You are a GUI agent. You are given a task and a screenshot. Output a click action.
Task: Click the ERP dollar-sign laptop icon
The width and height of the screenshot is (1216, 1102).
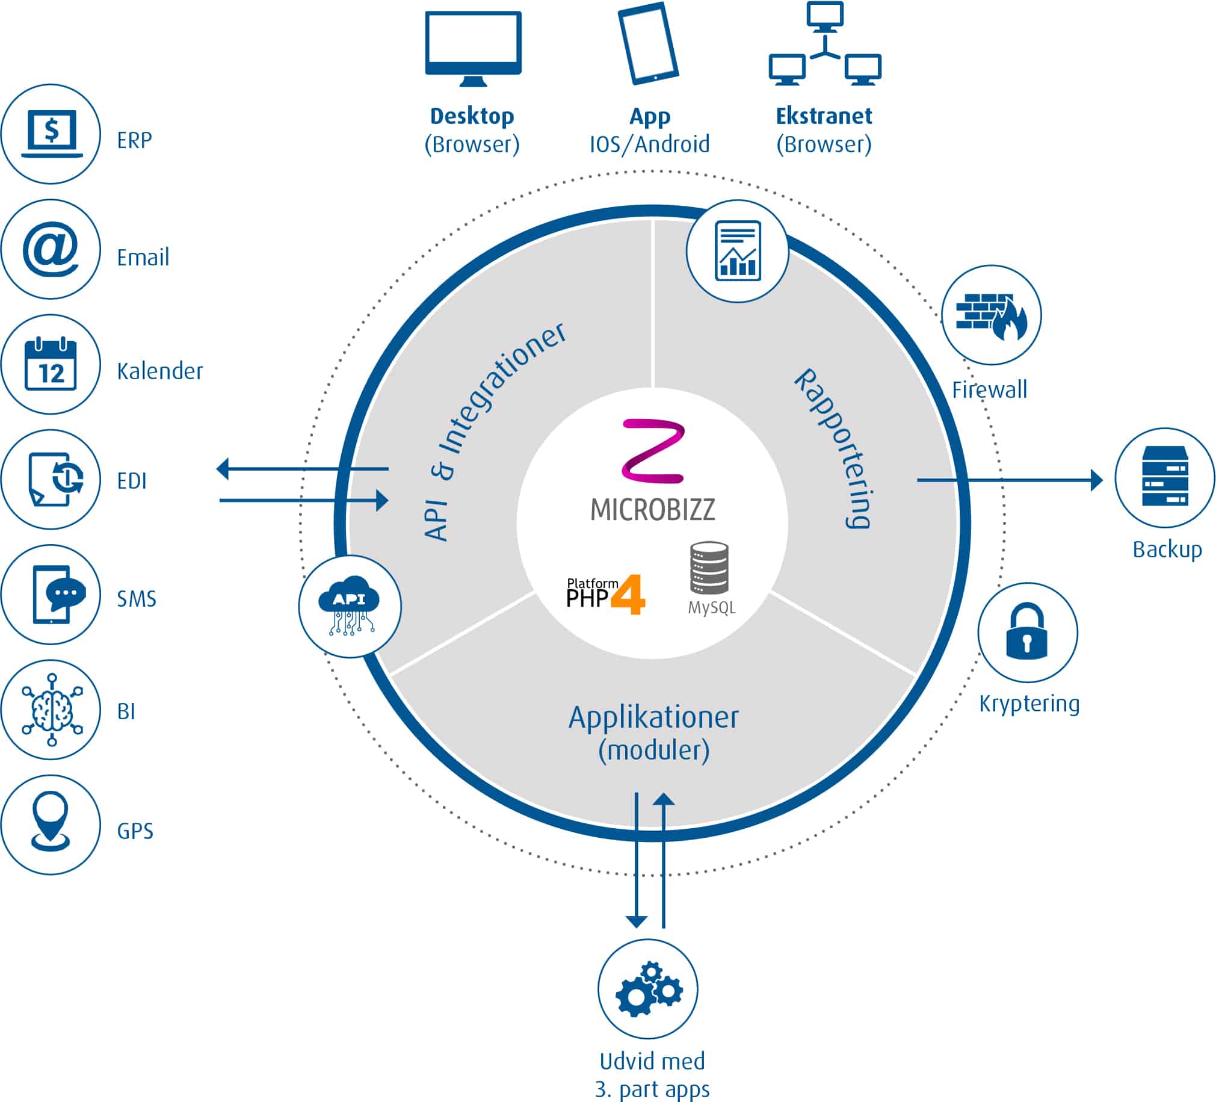pos(51,134)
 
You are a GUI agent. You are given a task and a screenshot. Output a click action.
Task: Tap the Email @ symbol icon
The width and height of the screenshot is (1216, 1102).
pos(51,249)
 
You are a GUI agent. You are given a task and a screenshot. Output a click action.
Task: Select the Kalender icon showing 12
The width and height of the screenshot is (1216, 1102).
pos(51,364)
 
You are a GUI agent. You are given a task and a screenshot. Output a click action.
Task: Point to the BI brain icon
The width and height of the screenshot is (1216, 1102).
pos(52,710)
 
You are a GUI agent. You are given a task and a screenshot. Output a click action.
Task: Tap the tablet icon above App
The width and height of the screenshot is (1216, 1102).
pos(649,43)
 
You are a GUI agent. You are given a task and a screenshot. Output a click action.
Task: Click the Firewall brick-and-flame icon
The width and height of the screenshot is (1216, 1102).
pos(991,315)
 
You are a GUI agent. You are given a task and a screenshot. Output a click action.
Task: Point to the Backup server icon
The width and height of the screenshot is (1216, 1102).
pos(1164,477)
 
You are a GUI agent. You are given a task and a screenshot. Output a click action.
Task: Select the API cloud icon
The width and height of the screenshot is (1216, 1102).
pos(349,605)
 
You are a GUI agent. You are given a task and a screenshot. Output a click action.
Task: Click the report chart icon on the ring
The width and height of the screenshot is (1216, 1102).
pos(737,251)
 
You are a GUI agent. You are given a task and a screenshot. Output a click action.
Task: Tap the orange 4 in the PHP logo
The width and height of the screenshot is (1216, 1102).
pos(629,594)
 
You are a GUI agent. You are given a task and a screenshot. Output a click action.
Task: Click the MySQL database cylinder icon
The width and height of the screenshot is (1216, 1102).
pos(709,568)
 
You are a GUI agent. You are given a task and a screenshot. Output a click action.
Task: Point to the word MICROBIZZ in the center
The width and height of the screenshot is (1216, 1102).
pos(652,509)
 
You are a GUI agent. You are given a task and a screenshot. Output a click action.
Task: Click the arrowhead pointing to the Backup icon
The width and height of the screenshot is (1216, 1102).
pos(1097,480)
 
